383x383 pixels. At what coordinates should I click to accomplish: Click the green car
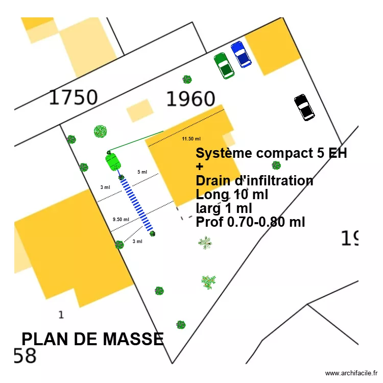224,65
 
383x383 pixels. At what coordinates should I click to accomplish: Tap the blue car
241,54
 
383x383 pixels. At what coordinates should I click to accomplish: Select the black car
304,107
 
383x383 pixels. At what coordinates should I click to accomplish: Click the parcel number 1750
73,97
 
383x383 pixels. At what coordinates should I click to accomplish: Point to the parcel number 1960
190,99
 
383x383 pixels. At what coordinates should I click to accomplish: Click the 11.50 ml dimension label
192,138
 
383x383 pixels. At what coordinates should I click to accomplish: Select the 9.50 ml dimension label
121,219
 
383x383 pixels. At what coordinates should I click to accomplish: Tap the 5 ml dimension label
142,172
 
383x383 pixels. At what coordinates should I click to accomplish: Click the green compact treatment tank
113,161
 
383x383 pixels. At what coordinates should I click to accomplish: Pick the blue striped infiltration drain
136,204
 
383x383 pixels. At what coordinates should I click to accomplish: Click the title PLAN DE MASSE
92,339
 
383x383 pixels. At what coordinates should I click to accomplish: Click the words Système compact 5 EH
271,153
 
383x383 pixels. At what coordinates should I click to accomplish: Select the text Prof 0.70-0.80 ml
250,222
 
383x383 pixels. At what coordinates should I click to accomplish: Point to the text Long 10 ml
232,195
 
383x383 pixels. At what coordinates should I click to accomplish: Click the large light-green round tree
101,132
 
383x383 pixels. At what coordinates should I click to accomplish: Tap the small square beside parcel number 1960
140,110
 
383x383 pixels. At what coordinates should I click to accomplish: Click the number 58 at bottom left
25,356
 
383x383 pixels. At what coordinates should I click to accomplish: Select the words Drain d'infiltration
254,181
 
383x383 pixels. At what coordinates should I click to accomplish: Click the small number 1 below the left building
61,315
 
